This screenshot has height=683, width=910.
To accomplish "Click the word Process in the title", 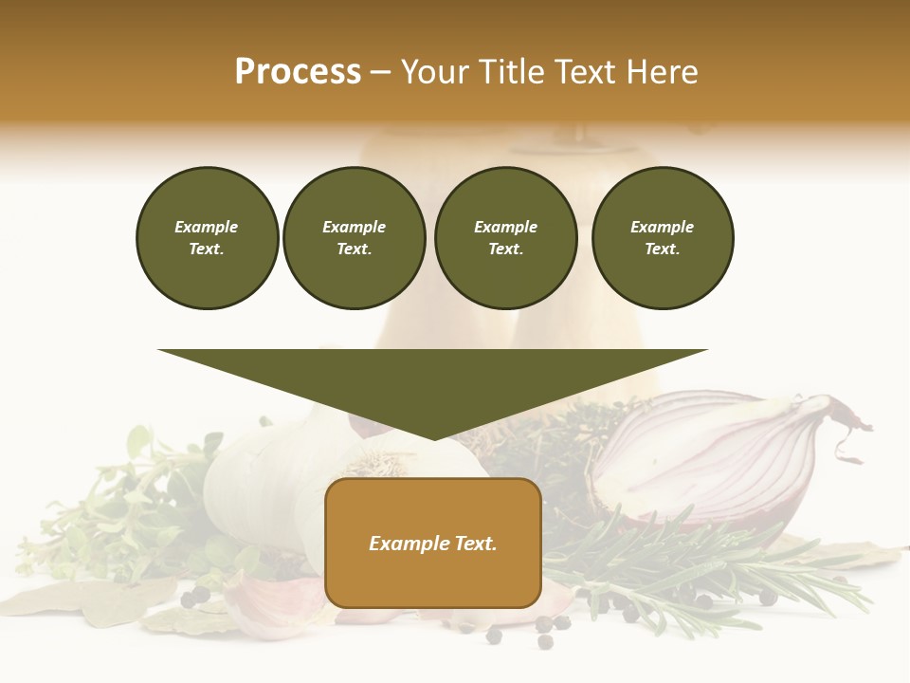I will coord(298,72).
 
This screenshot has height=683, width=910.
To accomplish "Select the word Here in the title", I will coord(661,72).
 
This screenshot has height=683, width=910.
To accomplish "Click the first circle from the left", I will coord(207,238).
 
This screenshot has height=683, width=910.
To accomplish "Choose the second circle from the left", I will coord(354,238).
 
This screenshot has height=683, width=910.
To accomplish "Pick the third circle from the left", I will coord(505,238).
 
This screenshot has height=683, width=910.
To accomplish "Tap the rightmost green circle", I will coord(662,238).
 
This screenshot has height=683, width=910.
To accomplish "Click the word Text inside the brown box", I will coord(473,544).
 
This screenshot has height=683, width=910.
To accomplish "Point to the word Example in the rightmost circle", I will coord(662,227).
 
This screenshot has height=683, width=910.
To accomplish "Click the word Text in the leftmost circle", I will coord(206,249).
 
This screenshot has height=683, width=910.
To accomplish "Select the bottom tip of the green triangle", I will coord(433,437).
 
